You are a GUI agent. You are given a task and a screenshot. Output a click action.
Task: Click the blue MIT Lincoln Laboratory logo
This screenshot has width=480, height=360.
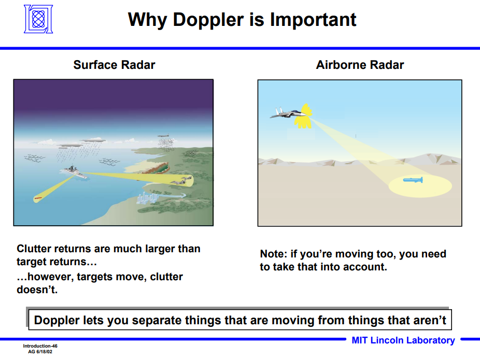pos(38,19)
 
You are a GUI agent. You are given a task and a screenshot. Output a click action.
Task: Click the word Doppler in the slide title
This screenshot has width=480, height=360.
pos(208,20)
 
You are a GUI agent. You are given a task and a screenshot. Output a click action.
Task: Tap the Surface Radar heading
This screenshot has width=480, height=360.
pos(114,65)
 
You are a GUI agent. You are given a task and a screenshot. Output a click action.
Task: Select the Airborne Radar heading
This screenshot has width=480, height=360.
pos(360,65)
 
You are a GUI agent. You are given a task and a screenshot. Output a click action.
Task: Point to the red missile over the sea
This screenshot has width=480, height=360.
pos(38,198)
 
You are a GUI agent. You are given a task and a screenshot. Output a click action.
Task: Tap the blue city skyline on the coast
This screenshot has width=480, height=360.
pos(147,198)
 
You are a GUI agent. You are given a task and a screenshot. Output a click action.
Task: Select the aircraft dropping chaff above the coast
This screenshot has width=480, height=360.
pos(163,136)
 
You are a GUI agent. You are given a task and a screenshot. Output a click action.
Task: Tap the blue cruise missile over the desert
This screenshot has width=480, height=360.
pos(413,180)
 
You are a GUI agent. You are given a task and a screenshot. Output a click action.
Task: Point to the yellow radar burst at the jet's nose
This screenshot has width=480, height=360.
pos(304,116)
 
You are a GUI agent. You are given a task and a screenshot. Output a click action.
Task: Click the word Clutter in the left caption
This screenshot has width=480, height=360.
pos(34,249)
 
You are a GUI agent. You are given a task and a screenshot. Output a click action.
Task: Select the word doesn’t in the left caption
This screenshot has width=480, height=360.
pos(37,290)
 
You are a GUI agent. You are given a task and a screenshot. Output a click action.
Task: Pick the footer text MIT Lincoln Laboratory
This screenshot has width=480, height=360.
pos(403,340)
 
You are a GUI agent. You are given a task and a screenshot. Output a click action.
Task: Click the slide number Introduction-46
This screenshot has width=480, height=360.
pos(40,346)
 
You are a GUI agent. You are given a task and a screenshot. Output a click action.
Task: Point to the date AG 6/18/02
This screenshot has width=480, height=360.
pos(40,352)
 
